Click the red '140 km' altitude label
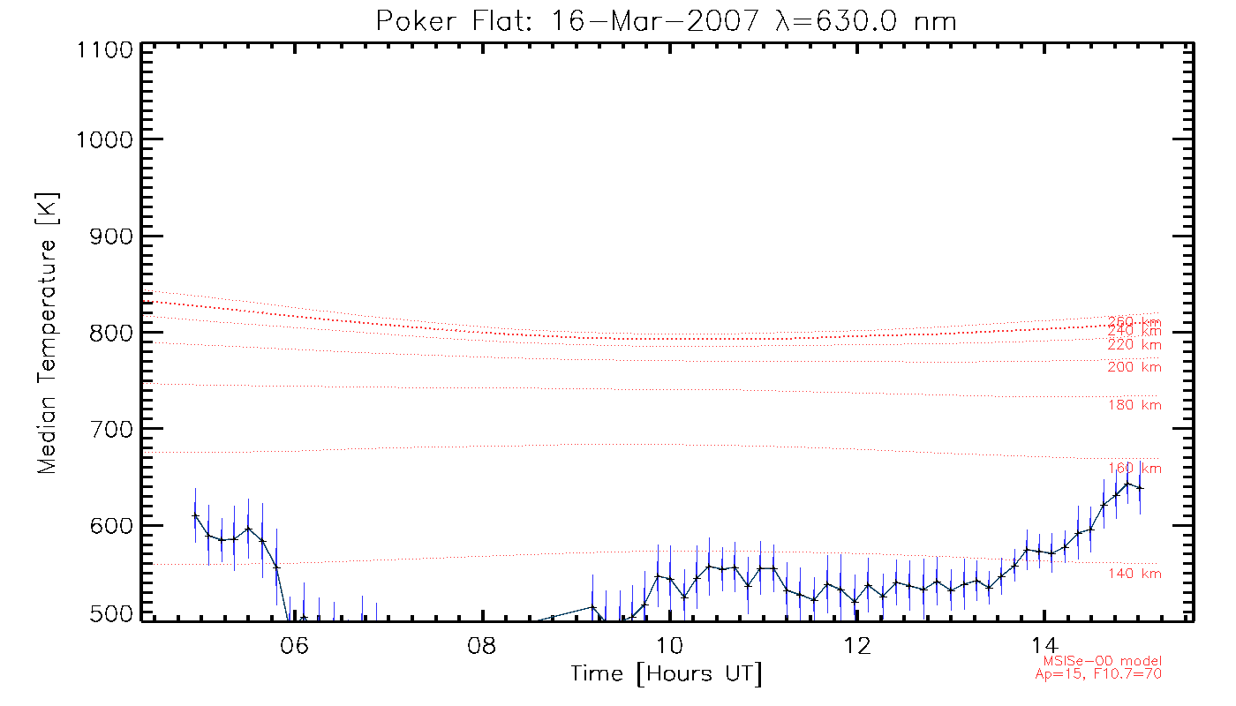click(x=1135, y=575)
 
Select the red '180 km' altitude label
click(x=1135, y=405)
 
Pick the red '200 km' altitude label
click(x=1135, y=367)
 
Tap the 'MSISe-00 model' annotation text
click(x=1103, y=661)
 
